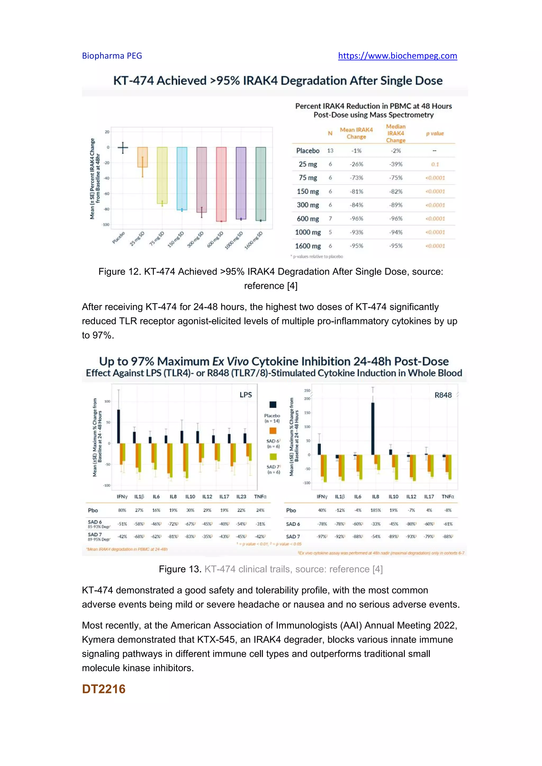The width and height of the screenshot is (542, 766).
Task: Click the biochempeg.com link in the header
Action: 397,56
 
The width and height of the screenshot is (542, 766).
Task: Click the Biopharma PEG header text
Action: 112,56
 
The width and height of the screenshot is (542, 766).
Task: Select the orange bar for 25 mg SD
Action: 142,157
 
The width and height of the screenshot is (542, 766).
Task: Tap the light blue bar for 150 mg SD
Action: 182,179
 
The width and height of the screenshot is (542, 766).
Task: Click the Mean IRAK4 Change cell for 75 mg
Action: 356,178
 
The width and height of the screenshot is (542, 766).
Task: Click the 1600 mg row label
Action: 308,246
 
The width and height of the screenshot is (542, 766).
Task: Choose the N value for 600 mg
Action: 330,218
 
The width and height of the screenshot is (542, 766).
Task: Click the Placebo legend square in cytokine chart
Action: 273,405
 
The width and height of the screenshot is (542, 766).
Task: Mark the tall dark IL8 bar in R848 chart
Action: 373,428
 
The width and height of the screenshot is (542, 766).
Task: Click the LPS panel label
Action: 246,395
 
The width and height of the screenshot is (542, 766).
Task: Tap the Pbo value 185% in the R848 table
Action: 376,510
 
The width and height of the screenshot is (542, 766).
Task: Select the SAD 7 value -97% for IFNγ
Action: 322,536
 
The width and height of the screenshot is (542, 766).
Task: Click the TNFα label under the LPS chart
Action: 260,496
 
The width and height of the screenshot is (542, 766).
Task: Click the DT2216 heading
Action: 104,689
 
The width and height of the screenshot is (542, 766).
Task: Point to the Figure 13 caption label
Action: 180,569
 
